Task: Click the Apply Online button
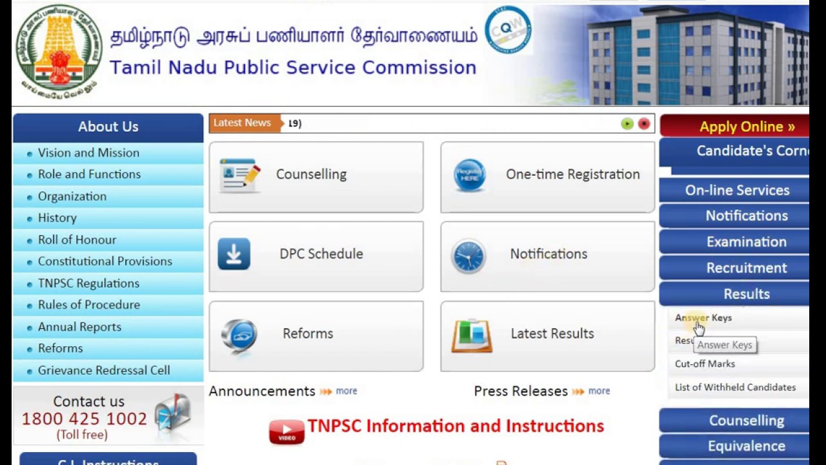[747, 127]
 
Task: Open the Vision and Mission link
[88, 153]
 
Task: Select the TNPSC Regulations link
[88, 284]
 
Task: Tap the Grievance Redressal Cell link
[104, 371]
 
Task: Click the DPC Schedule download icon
[234, 254]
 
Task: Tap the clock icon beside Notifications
[468, 256]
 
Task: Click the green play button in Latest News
[627, 124]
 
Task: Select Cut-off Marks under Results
[705, 364]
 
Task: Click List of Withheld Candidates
[735, 387]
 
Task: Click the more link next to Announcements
[346, 391]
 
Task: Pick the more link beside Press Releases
[599, 391]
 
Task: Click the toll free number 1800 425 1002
[85, 419]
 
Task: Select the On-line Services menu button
[738, 191]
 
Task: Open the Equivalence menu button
[746, 446]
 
